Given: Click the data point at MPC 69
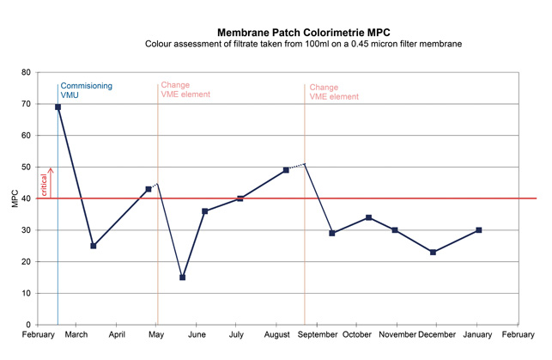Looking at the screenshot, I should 58,107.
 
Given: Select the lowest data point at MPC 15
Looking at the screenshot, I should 182,278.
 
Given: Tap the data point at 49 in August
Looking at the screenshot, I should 286,170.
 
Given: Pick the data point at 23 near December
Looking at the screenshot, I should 433,253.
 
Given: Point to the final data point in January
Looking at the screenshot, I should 478,230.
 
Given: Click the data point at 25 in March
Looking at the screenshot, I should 94,246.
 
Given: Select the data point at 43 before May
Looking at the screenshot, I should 149,189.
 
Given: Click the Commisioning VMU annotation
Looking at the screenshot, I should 86,91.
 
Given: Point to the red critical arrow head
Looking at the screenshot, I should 51,170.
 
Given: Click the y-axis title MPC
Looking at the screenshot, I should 14,198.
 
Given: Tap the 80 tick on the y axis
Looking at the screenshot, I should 27,72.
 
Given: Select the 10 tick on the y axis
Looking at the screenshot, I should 27,294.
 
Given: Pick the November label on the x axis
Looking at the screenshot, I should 397,335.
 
